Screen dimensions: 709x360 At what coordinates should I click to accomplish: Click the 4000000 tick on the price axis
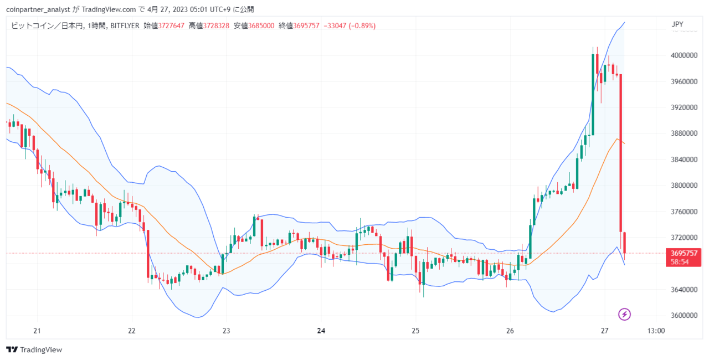click(684, 56)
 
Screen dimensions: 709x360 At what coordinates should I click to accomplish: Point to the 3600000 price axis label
click(684, 315)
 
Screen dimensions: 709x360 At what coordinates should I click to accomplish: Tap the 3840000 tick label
click(684, 160)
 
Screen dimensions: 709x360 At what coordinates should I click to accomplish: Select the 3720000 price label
click(684, 238)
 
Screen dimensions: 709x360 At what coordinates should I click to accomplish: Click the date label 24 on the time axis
click(321, 331)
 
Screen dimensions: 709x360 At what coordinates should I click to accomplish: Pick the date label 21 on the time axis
click(37, 331)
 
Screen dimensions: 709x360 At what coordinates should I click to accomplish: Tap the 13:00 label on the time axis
click(656, 331)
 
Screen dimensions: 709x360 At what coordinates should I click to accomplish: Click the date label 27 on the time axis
click(604, 331)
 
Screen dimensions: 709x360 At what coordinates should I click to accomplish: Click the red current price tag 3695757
click(684, 254)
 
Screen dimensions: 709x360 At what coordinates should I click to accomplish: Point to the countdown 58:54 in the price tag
click(679, 262)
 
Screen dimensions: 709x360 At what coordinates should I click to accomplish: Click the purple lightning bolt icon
click(624, 315)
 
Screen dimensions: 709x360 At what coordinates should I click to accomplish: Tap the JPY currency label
click(677, 24)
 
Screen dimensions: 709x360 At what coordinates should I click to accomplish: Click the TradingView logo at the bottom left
click(34, 349)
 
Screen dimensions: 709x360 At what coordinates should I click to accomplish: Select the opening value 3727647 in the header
click(171, 25)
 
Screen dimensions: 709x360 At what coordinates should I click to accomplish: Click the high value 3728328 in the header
click(216, 25)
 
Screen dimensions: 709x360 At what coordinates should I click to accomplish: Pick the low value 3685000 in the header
click(261, 25)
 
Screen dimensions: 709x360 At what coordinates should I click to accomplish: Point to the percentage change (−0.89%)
click(362, 25)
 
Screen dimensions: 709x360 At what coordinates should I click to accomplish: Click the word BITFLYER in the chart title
click(125, 25)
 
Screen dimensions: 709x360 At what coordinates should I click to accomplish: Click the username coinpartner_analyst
click(38, 9)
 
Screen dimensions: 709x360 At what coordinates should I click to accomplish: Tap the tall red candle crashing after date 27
click(621, 153)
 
